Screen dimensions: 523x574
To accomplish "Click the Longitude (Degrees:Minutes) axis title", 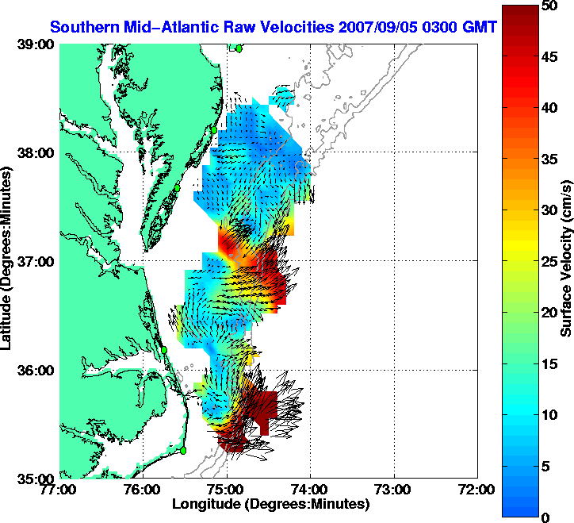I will [270, 504].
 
